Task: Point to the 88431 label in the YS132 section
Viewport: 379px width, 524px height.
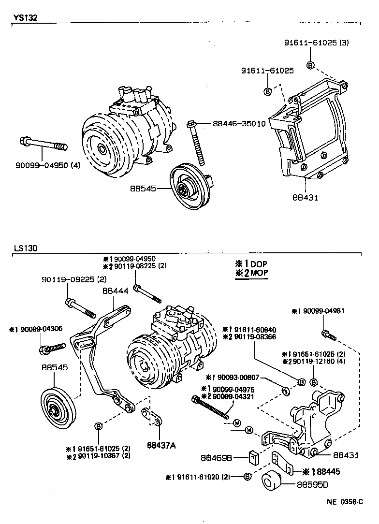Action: click(305, 197)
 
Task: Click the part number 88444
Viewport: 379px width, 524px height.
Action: click(115, 291)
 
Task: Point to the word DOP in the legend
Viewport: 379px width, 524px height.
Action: click(258, 264)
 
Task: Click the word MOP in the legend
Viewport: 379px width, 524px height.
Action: click(259, 273)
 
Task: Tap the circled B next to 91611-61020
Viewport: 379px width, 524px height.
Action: click(247, 477)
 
